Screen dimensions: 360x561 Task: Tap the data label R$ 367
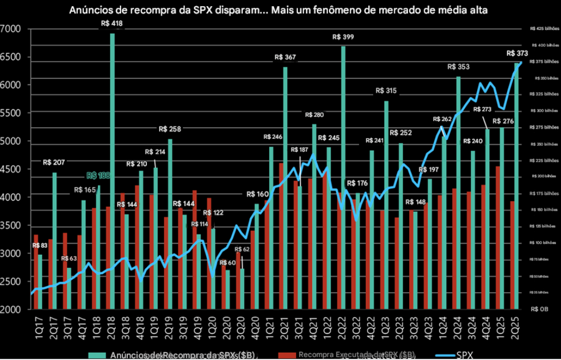pos(285,57)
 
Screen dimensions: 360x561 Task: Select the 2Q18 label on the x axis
pos(112,328)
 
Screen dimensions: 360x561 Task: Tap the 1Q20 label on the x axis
pos(213,328)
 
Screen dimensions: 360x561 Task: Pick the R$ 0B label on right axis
pos(539,309)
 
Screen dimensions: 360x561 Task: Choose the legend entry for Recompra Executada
pos(356,354)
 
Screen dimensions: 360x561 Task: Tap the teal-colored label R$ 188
pos(98,176)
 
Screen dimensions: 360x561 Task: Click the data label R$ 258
pos(170,129)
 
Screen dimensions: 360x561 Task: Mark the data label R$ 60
pos(227,263)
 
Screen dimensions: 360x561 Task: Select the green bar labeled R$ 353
pos(459,189)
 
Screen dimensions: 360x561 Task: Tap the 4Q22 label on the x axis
pos(372,328)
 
